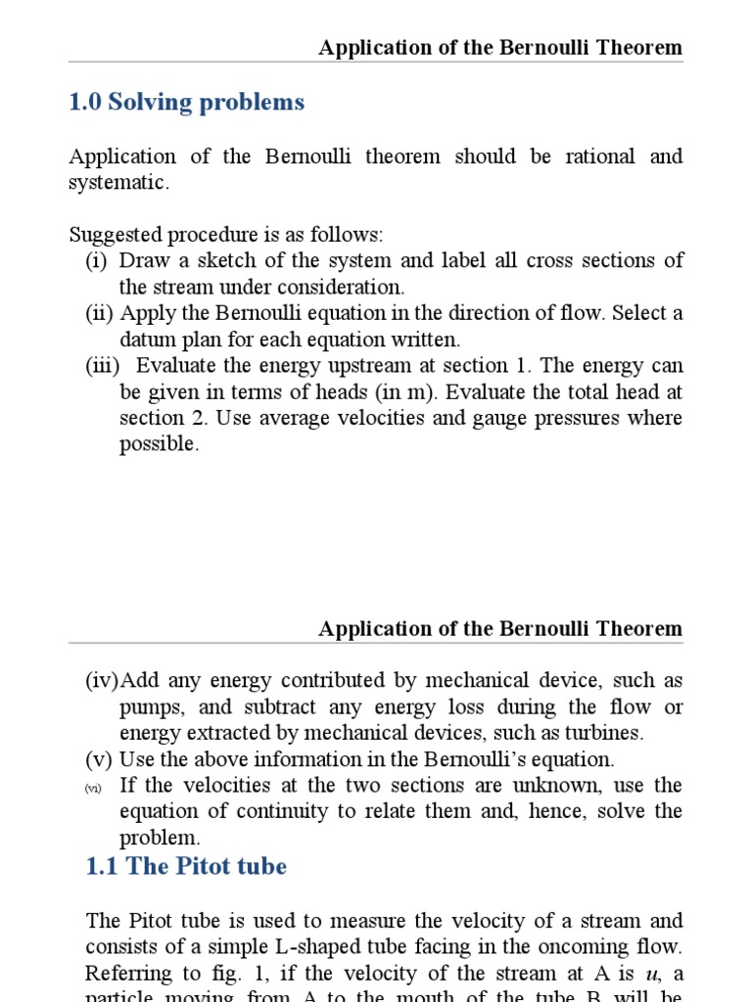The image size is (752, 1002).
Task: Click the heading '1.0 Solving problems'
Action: click(x=186, y=103)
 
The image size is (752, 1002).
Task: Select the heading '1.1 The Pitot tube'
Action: click(x=186, y=867)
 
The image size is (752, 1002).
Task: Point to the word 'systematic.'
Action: click(x=118, y=184)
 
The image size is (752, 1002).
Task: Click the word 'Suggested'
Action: click(x=111, y=236)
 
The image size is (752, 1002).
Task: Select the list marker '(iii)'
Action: click(x=106, y=366)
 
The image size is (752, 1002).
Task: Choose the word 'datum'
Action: click(x=146, y=340)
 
